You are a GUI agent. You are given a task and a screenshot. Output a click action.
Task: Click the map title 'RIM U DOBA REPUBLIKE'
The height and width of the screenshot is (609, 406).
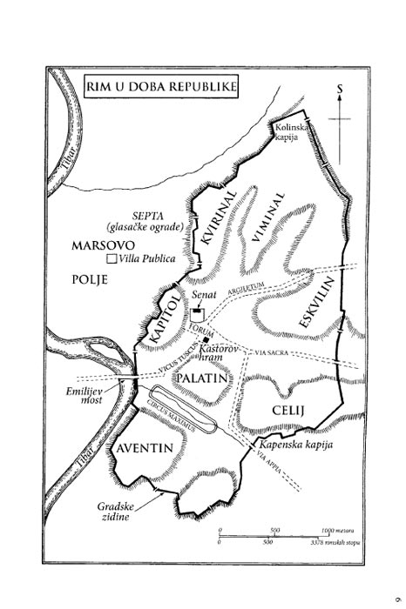click(x=160, y=88)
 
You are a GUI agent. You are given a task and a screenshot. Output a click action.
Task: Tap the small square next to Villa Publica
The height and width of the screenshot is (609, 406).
click(x=110, y=259)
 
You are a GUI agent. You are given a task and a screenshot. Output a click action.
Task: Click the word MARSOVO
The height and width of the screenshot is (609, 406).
click(x=97, y=246)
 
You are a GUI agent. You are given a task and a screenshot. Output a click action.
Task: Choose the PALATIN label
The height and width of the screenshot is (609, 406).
click(x=200, y=378)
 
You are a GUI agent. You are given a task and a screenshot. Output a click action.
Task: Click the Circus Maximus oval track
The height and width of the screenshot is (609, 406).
click(x=182, y=408)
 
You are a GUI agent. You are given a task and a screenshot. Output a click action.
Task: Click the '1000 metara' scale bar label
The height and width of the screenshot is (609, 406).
click(x=341, y=529)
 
